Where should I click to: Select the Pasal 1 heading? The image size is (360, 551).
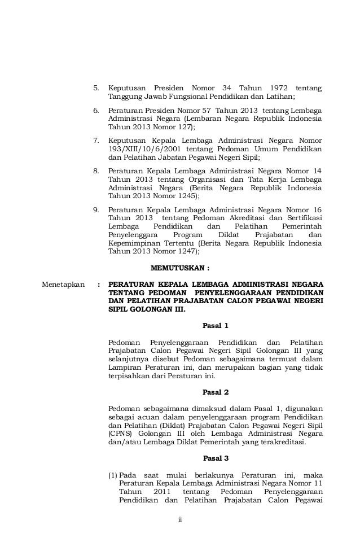tap(215, 326)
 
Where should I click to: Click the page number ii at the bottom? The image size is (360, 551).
tap(180, 520)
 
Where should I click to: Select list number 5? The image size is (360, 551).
tap(96, 89)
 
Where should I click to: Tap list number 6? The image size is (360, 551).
tap(96, 111)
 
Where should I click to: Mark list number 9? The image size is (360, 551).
tap(96, 209)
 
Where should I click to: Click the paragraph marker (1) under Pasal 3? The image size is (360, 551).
tap(112, 474)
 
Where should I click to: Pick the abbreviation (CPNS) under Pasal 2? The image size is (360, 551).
tap(120, 434)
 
